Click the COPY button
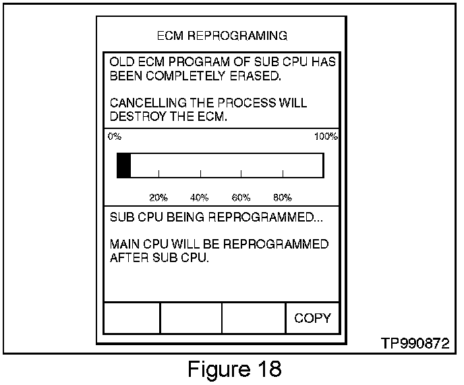point(312,318)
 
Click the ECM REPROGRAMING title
point(222,35)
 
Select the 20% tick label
point(158,198)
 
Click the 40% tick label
point(199,198)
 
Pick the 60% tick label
point(241,198)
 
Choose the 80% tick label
point(282,198)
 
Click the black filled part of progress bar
point(123,165)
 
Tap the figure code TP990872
point(414,343)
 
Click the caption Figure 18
point(233,369)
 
